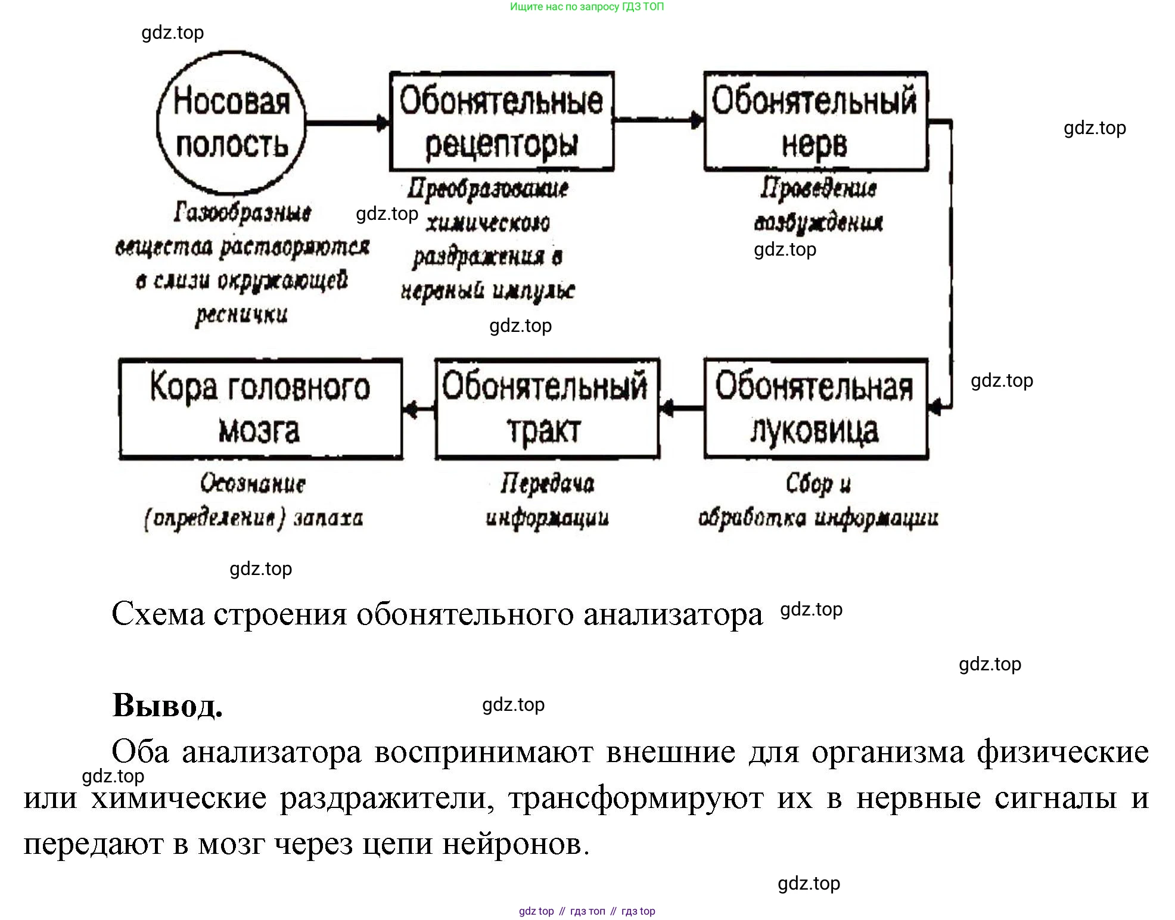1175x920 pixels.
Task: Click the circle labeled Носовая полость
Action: coord(231,123)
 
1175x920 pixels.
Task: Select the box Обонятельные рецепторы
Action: coord(501,122)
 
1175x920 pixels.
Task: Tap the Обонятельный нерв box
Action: coord(815,122)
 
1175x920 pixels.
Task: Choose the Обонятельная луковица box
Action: coord(815,409)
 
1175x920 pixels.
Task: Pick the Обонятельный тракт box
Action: coord(546,409)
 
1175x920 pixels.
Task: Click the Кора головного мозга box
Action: coord(260,409)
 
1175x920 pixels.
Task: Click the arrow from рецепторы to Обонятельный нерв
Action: coord(658,120)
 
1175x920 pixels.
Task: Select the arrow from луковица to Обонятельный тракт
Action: coord(682,409)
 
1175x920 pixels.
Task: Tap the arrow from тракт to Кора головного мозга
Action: coord(419,409)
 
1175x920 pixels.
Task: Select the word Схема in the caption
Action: coord(158,614)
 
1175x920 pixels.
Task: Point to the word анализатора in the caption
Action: coord(673,614)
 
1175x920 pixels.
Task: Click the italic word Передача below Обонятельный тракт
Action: coord(547,484)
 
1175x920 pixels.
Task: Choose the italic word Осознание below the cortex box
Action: coord(253,484)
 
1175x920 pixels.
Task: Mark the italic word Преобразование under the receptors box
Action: coord(487,189)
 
